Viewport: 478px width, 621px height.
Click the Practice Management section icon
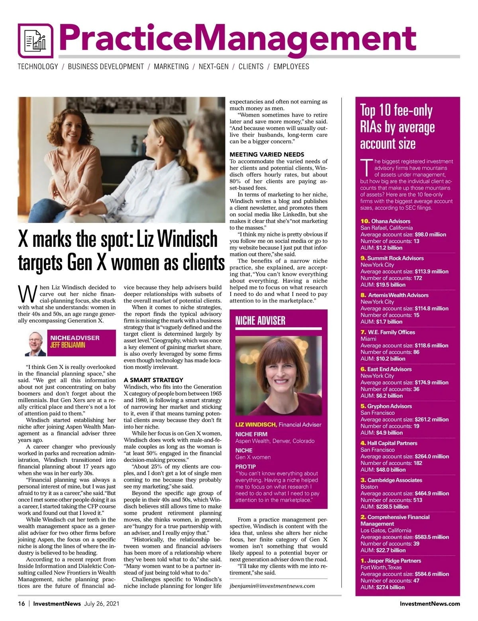(35, 41)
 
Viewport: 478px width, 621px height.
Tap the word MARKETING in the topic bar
(171, 66)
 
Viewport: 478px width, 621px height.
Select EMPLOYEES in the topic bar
(291, 66)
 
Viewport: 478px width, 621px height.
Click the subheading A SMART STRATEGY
(153, 380)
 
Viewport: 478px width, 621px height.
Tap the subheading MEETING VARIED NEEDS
(267, 154)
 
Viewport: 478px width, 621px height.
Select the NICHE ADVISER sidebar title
(261, 320)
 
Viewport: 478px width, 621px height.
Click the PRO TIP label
(245, 467)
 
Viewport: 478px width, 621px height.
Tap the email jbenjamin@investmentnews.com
(272, 586)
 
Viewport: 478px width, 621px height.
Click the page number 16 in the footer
(22, 603)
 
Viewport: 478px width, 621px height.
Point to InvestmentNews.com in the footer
(430, 603)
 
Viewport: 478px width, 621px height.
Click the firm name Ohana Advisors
(390, 221)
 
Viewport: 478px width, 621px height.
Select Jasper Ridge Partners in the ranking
(394, 560)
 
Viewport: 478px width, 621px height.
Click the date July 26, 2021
(102, 603)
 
